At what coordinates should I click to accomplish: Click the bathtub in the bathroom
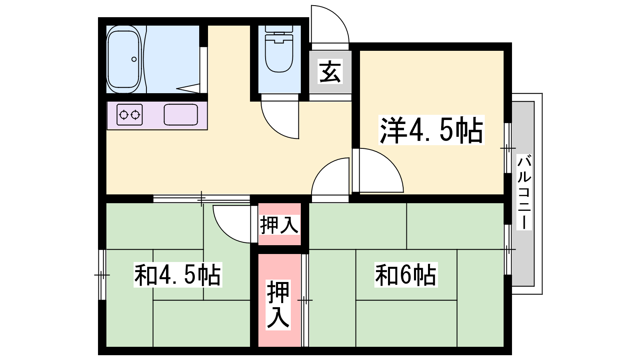click(x=124, y=59)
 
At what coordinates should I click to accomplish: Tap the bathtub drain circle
click(x=134, y=60)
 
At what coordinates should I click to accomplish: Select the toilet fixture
click(x=279, y=48)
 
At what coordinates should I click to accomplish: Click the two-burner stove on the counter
click(x=130, y=114)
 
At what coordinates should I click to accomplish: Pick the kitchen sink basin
click(x=181, y=114)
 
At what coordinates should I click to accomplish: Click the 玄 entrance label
click(x=330, y=72)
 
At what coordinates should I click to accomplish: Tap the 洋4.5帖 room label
click(x=432, y=130)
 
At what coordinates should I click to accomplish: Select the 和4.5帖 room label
click(x=178, y=275)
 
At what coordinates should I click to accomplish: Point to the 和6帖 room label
click(x=406, y=275)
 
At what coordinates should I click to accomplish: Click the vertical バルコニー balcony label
click(x=524, y=192)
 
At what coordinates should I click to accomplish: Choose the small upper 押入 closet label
click(x=279, y=225)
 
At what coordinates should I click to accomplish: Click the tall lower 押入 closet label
click(x=278, y=305)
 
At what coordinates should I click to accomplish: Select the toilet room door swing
click(x=280, y=120)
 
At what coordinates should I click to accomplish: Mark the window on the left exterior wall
click(x=102, y=275)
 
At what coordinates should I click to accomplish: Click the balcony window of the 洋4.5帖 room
click(x=508, y=148)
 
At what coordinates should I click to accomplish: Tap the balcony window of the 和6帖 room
click(x=508, y=250)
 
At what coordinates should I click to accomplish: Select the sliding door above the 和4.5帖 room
click(x=202, y=198)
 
